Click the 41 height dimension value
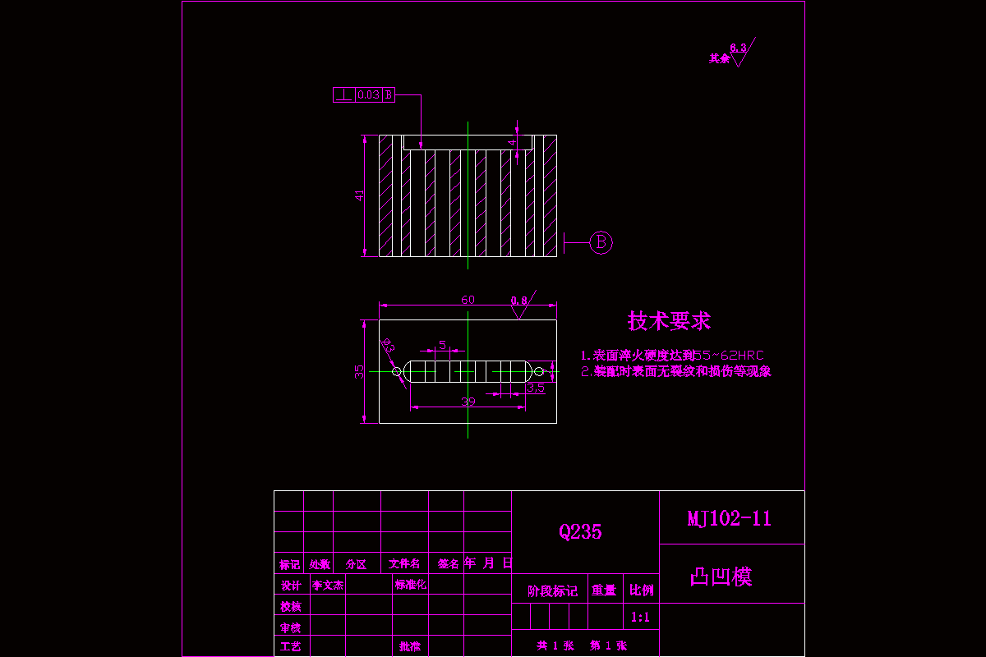(x=359, y=195)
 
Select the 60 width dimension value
(x=468, y=300)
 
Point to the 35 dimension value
(x=359, y=371)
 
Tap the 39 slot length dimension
(x=468, y=402)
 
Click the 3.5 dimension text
(x=536, y=388)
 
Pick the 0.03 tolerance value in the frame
(x=368, y=95)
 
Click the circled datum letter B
(x=601, y=242)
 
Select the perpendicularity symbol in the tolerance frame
(x=343, y=95)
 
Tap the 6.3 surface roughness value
(x=738, y=48)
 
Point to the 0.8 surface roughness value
(x=518, y=301)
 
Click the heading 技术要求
(x=669, y=321)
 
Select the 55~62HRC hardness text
(x=729, y=356)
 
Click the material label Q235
(x=580, y=532)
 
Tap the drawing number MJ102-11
(x=729, y=518)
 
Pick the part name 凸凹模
(x=721, y=577)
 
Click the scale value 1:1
(x=641, y=618)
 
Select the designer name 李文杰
(x=327, y=586)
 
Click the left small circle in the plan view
(x=397, y=372)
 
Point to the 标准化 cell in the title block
(x=411, y=586)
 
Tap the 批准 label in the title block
(x=410, y=647)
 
